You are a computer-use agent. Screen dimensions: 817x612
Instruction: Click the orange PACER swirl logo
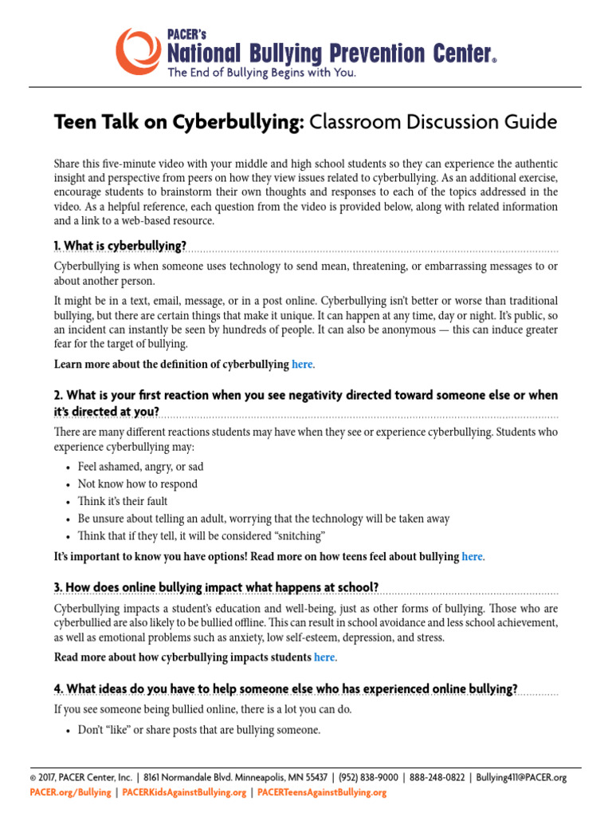(x=138, y=49)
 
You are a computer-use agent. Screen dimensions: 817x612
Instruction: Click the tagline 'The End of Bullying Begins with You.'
(x=261, y=73)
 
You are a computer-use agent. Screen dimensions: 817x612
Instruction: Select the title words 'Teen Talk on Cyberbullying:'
(x=179, y=122)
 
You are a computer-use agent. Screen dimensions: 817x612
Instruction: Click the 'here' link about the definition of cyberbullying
(x=303, y=364)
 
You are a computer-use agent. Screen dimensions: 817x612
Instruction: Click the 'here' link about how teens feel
(x=473, y=556)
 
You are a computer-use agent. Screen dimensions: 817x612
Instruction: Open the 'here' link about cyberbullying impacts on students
(x=324, y=657)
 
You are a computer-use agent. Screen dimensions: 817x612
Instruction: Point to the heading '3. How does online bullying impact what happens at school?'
(x=216, y=587)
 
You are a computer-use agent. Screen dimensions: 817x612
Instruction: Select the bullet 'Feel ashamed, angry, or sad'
(x=140, y=467)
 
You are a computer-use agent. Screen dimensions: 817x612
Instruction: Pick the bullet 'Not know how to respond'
(x=138, y=484)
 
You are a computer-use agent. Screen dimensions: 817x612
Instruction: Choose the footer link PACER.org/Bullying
(x=70, y=792)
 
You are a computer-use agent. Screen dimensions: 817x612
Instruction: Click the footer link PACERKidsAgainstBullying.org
(x=184, y=792)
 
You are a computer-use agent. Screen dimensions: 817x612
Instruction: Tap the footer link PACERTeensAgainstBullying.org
(x=322, y=792)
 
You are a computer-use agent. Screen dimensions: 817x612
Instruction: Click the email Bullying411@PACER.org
(x=521, y=778)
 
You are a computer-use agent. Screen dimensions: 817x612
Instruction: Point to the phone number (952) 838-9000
(x=370, y=778)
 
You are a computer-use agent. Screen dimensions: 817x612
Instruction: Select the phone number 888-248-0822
(x=437, y=778)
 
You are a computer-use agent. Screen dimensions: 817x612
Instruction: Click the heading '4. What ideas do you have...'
(x=286, y=689)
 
